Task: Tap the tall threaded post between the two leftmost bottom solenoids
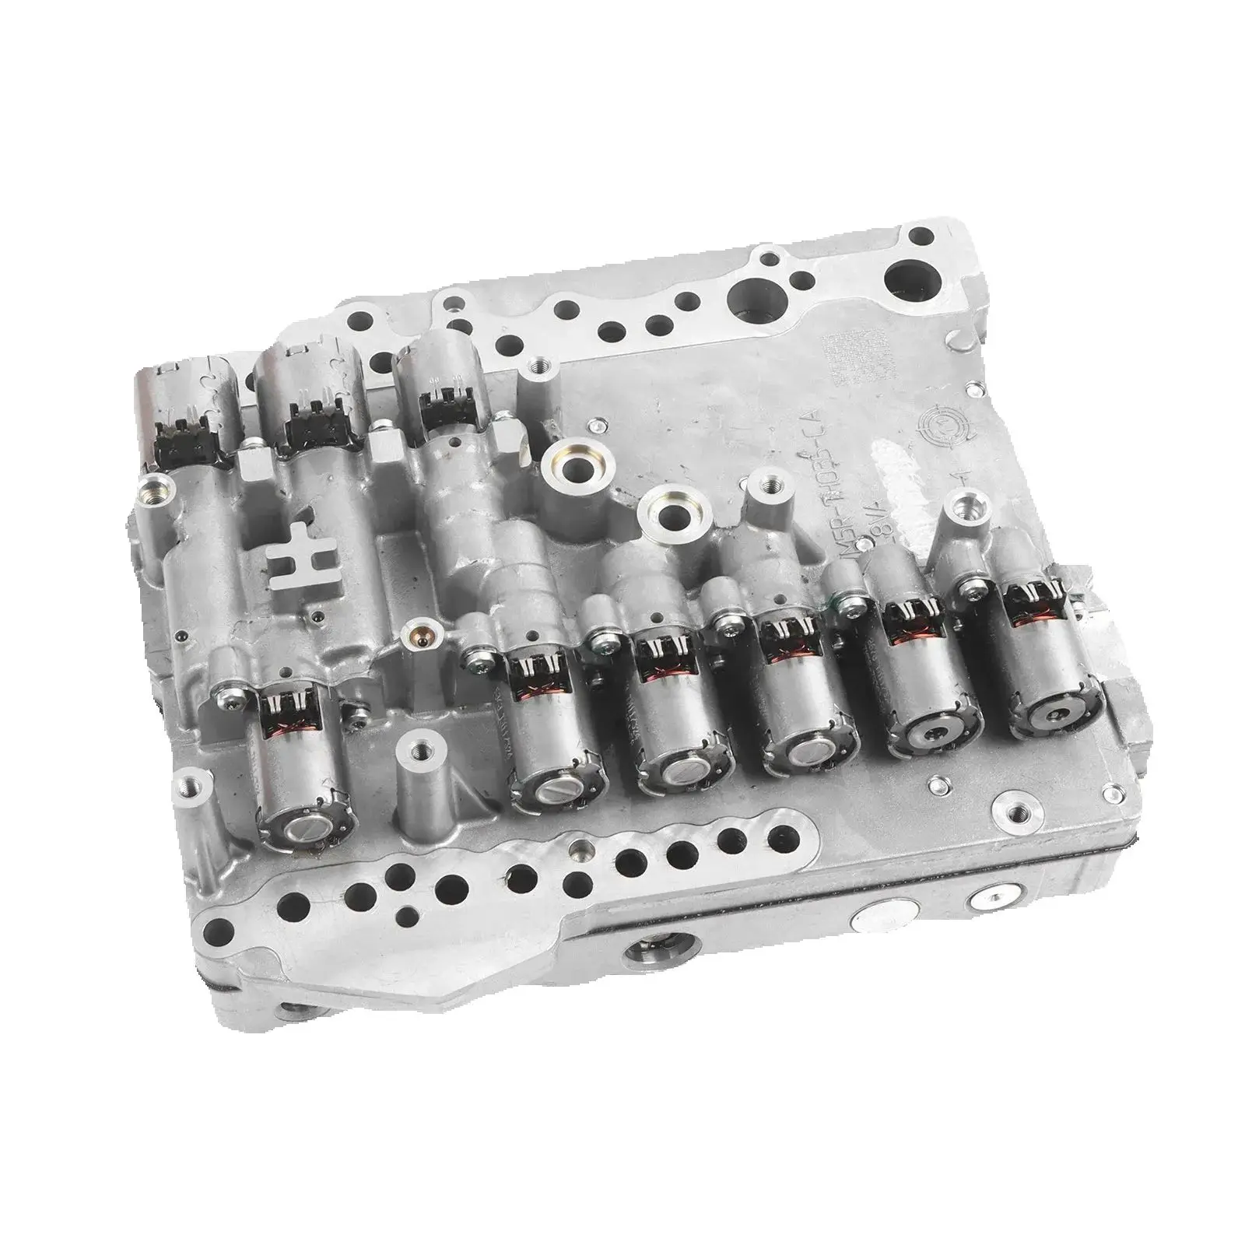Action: [420, 752]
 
